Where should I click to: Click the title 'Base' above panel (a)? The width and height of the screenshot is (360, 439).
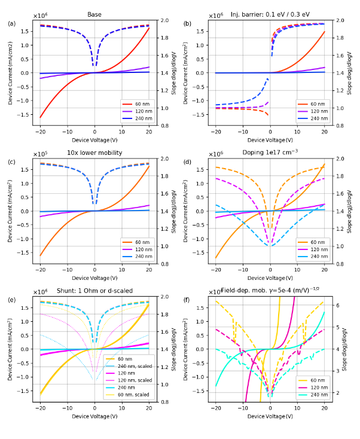[94, 14]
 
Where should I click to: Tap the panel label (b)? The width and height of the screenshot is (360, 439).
[187, 24]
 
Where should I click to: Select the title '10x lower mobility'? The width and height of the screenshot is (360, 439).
[94, 153]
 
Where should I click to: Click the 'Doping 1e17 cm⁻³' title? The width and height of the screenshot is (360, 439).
[270, 153]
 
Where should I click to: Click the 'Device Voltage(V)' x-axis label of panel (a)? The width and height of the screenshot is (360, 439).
[94, 140]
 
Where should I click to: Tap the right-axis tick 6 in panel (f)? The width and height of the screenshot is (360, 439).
[338, 305]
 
